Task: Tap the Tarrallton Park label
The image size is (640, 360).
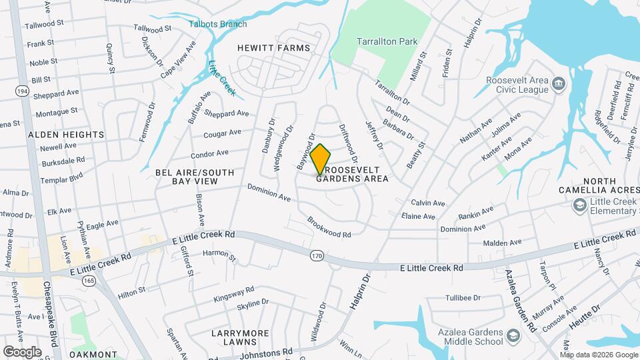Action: point(387,41)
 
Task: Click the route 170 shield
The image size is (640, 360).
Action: point(316,255)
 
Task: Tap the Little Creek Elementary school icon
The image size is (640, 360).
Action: point(579,204)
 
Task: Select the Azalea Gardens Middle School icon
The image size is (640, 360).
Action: point(513,334)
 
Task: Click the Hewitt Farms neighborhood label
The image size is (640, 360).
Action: point(274,48)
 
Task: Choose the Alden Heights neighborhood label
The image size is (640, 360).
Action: point(66,135)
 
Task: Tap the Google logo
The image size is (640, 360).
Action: point(22,351)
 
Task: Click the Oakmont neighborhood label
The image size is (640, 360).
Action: point(93,355)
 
